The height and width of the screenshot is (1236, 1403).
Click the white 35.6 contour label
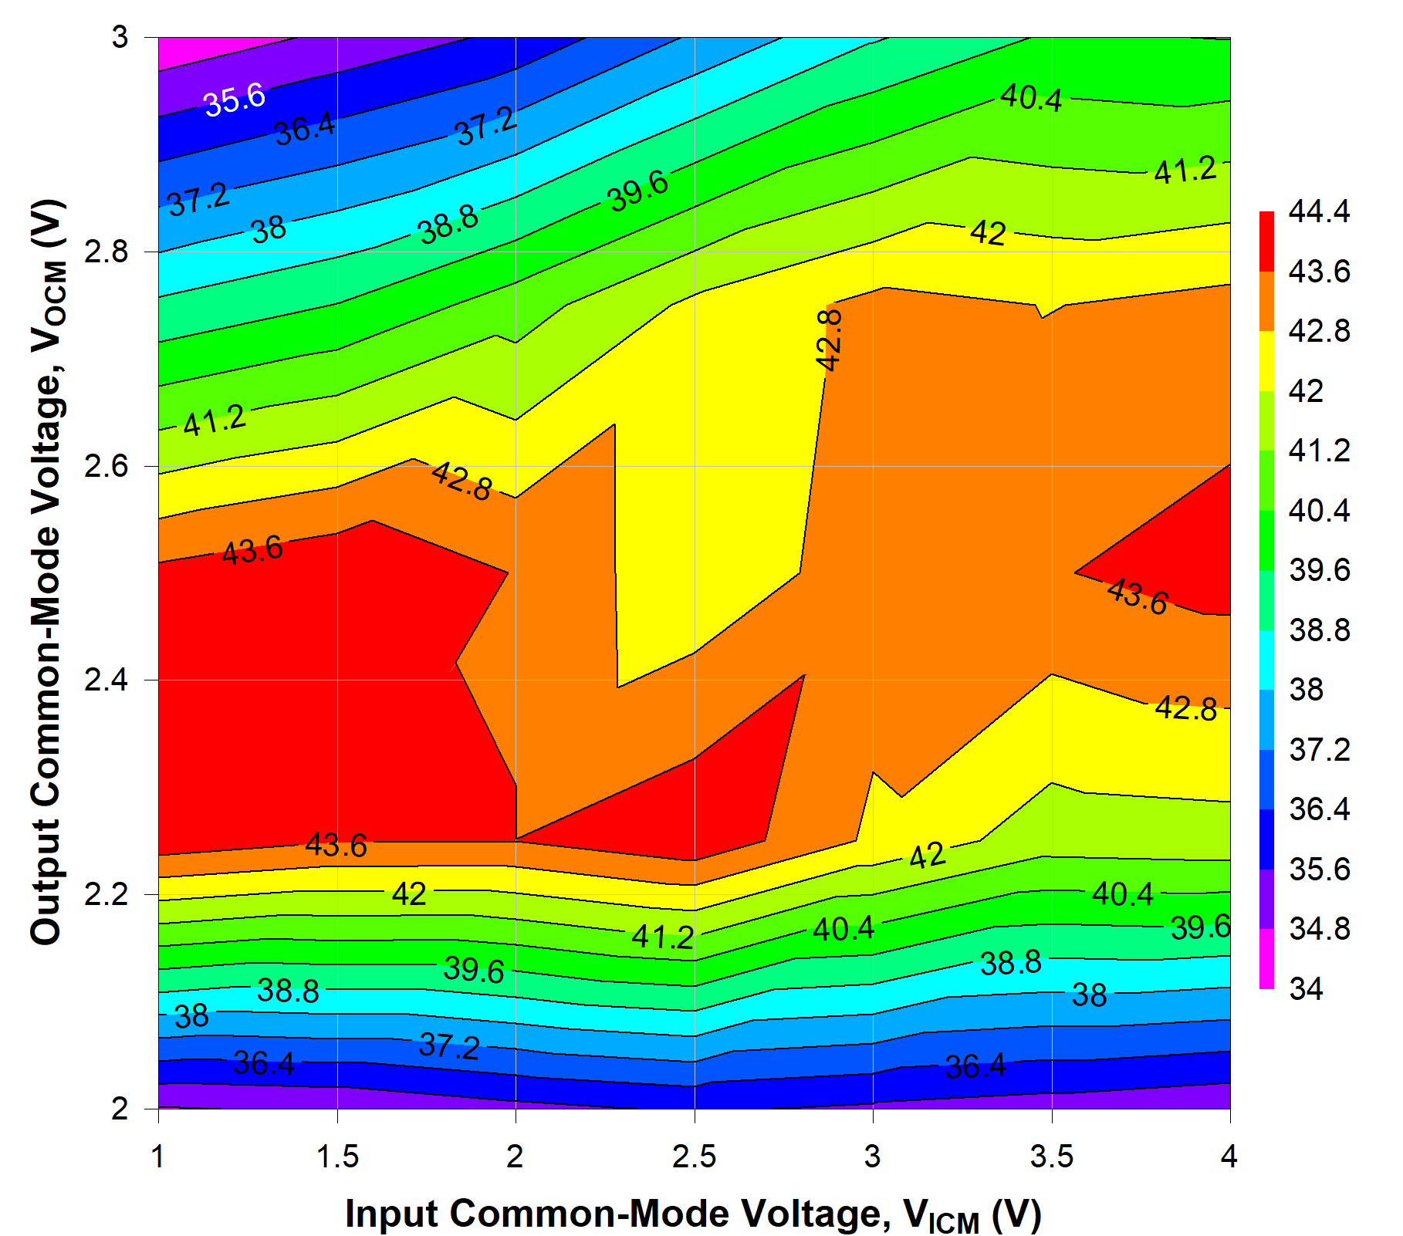235,100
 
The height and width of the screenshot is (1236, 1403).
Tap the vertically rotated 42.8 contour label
830,339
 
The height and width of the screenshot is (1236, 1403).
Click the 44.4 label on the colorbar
1319,211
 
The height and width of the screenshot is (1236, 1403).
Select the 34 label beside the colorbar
1306,989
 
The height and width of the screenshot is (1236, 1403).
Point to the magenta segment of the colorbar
1266,958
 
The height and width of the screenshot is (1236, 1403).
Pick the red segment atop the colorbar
1266,241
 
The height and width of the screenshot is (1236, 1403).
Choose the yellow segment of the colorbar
1266,361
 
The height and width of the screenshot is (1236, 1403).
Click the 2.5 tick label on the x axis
695,1157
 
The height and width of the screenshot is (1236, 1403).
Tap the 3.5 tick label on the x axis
1052,1157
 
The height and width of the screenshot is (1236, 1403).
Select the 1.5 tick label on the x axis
338,1157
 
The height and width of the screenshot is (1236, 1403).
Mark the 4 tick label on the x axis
1229,1157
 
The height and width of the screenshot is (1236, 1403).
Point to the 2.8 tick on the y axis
106,252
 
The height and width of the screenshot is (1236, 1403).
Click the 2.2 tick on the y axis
106,895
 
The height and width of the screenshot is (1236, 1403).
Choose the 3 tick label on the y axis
120,37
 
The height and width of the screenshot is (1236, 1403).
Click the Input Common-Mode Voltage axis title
693,1214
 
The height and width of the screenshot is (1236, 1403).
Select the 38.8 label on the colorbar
1319,630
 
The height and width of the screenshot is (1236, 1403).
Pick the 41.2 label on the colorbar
1319,451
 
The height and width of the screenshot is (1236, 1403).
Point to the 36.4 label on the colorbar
1319,809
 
